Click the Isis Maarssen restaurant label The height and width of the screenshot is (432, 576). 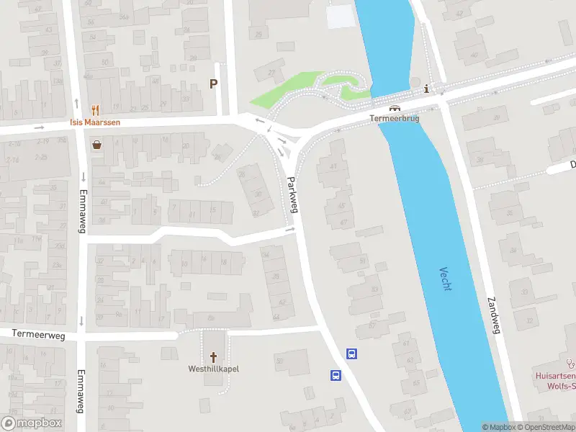tap(94, 122)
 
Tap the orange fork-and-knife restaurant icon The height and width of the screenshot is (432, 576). tap(95, 110)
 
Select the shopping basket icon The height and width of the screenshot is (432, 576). tap(96, 144)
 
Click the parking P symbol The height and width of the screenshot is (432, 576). tap(213, 84)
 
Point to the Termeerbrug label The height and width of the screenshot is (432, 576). tap(394, 118)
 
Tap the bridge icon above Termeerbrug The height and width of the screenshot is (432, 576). tap(395, 108)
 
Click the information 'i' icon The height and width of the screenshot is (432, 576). tap(427, 89)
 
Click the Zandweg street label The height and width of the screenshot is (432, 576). tap(493, 311)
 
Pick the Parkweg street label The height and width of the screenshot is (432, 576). tap(292, 194)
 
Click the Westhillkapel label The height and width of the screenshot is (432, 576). tap(213, 369)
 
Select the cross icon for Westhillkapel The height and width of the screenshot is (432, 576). tap(213, 356)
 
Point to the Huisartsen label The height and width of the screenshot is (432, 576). tap(555, 376)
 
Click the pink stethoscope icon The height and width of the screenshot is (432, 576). tap(571, 364)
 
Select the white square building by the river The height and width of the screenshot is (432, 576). tap(341, 17)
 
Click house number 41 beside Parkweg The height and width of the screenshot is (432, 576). tap(333, 166)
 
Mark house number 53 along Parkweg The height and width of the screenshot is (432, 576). tap(374, 290)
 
